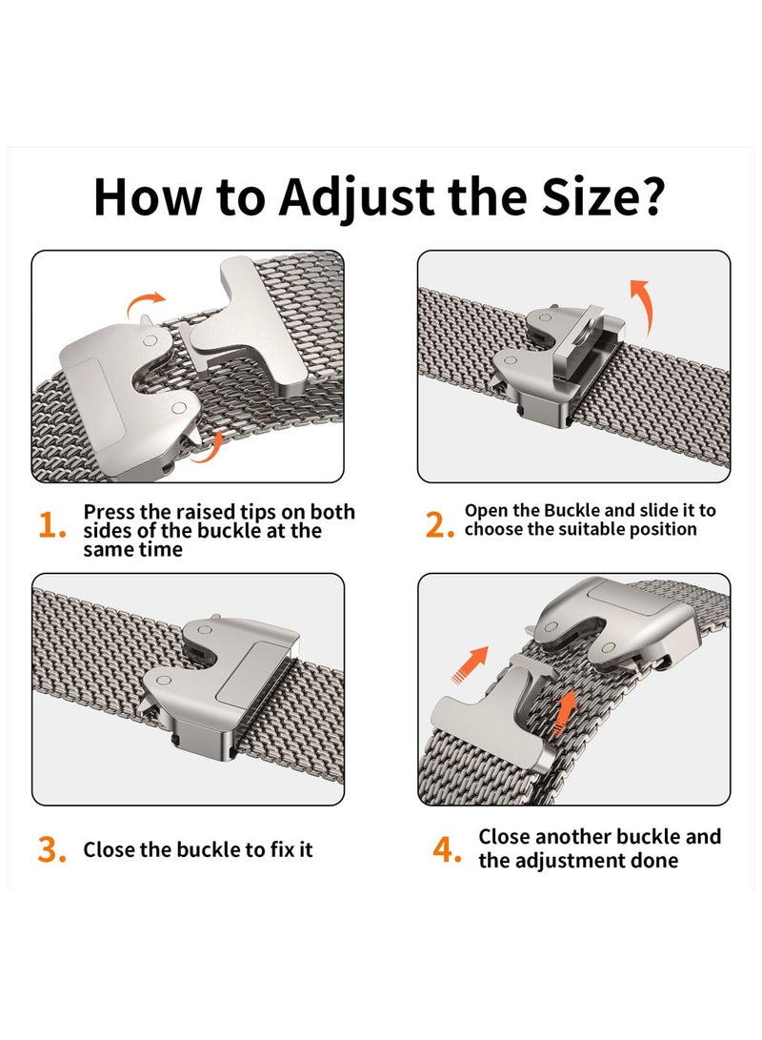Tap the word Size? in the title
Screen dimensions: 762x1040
tap(603, 196)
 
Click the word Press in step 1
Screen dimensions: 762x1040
tap(110, 512)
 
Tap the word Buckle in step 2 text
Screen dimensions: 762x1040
tap(571, 510)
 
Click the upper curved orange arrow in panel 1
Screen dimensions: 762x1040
tap(145, 303)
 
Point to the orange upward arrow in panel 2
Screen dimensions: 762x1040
tap(641, 306)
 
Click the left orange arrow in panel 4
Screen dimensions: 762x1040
tap(470, 663)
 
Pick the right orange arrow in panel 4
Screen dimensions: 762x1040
tap(564, 712)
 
